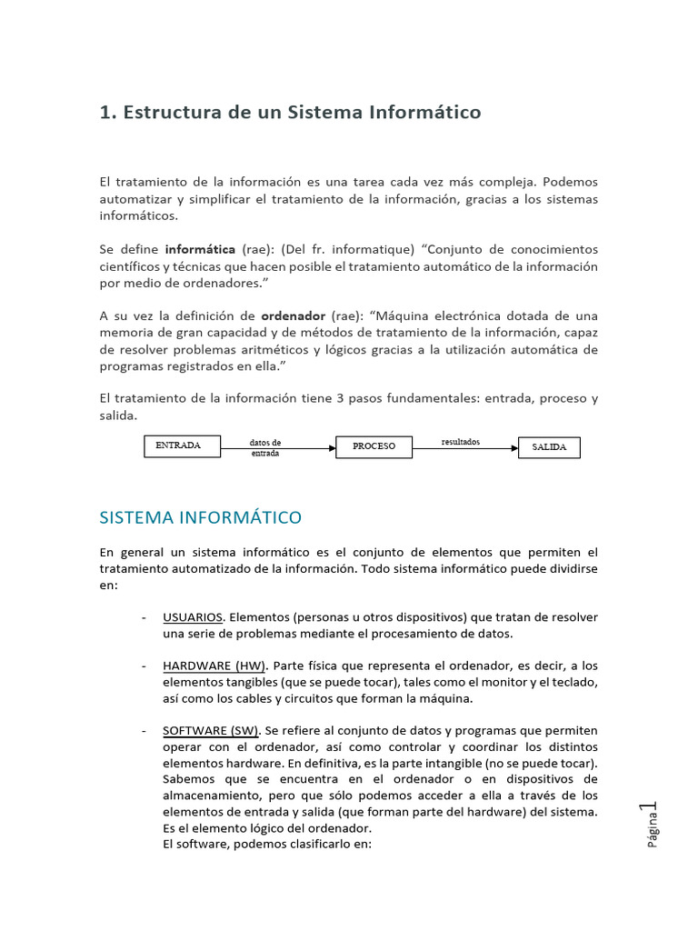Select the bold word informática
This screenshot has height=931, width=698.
click(199, 249)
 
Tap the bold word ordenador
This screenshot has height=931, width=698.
click(293, 315)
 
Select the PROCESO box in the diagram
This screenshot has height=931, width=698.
click(374, 446)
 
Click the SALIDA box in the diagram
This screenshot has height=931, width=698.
click(549, 447)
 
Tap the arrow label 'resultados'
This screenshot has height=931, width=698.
click(460, 442)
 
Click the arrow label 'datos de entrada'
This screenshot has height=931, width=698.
click(264, 447)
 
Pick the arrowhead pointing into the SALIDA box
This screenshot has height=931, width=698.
click(514, 448)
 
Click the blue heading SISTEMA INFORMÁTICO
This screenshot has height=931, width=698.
click(200, 518)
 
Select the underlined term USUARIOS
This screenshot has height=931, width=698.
click(193, 617)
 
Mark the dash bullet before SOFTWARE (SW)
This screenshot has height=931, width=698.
click(145, 730)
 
